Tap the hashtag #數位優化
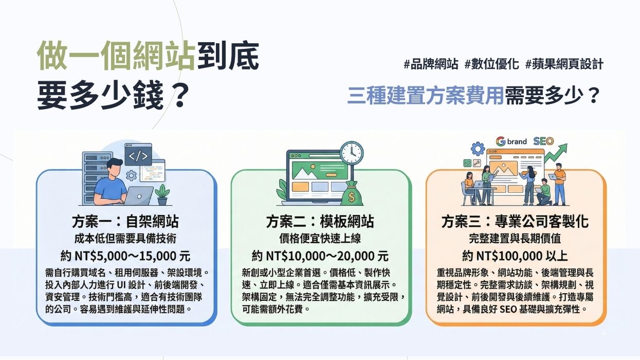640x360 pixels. [491, 64]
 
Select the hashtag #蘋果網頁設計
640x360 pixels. [564, 64]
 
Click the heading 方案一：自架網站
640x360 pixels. [126, 222]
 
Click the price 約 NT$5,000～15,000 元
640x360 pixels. [126, 256]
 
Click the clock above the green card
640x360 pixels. [351, 153]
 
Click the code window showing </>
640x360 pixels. [138, 155]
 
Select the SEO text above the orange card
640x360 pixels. [543, 141]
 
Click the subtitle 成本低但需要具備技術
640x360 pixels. [126, 239]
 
